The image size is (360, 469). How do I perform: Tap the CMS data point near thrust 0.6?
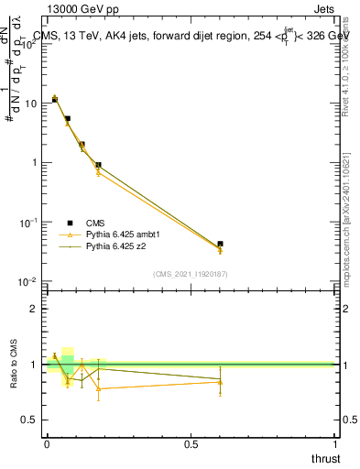click(220, 245)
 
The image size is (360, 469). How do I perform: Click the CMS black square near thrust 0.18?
click(98, 165)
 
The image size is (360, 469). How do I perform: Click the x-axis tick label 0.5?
click(191, 442)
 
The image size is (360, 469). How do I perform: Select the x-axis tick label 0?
click(47, 442)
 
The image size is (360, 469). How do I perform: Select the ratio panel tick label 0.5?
click(30, 420)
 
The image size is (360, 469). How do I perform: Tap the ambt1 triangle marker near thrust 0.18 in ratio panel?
click(98, 388)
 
